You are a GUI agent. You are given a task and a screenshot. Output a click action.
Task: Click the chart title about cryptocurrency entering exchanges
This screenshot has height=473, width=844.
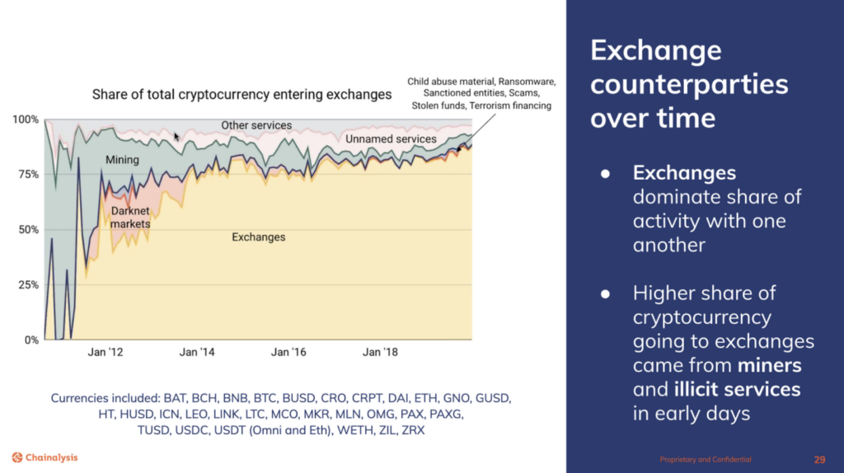coord(241,94)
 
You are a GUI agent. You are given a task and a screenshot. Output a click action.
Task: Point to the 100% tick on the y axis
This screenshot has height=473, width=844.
coord(26,120)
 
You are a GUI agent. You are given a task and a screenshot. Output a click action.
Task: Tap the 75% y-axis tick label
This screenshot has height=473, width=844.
coord(26,175)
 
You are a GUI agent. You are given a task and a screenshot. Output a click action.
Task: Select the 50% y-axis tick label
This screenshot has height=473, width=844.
coord(26,230)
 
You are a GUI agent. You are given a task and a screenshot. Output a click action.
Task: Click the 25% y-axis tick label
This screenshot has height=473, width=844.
coord(26,285)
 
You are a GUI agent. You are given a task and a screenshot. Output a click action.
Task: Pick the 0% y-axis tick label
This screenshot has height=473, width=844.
coord(30,340)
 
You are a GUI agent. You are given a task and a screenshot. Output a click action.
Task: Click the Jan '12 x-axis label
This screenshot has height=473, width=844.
coord(107,353)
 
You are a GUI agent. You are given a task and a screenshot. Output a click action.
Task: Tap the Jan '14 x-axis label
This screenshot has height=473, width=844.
coord(199,353)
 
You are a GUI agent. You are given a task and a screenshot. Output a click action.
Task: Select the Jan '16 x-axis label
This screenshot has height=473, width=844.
coord(288,353)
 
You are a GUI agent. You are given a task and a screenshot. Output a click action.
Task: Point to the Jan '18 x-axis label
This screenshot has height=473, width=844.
coord(379,353)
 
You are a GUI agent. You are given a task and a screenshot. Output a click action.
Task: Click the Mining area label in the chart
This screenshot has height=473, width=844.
coord(122,160)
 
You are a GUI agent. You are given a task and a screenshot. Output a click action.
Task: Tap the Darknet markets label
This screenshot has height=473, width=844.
coord(130,217)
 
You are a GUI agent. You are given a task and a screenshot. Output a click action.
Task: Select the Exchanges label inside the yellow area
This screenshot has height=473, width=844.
coord(258,237)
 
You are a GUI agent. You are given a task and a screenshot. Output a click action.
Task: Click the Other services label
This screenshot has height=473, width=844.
coord(256,125)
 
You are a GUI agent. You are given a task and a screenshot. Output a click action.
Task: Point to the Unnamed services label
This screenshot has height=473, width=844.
coord(391,139)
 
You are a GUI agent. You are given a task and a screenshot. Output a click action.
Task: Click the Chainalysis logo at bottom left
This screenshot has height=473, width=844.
coord(45,457)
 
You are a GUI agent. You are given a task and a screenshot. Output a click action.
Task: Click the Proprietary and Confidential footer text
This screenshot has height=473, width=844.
coord(706,459)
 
